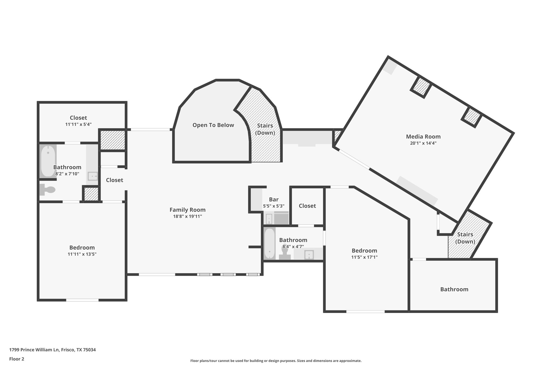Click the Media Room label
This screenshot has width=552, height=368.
click(x=423, y=136)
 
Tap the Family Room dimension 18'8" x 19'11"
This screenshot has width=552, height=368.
click(x=188, y=216)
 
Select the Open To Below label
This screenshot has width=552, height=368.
click(x=213, y=125)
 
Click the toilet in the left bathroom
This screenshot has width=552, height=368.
click(x=47, y=190)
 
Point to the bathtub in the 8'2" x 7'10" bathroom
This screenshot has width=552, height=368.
click(x=48, y=161)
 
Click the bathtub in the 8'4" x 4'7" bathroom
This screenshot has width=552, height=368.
click(x=269, y=244)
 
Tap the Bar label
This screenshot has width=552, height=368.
click(x=274, y=200)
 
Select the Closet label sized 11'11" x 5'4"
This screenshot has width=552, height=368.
click(x=78, y=118)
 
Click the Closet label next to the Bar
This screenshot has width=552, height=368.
click(x=307, y=206)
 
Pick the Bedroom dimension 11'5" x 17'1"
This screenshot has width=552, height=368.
click(x=364, y=257)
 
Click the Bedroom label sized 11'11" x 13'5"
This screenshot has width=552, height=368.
click(x=82, y=247)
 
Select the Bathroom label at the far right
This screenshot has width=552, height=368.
click(x=454, y=289)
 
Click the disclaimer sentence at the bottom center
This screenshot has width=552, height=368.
click(x=276, y=361)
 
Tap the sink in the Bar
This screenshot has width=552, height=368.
click(x=269, y=219)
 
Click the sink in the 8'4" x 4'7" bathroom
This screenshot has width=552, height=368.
click(x=309, y=254)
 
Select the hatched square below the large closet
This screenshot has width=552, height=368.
click(x=113, y=140)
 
